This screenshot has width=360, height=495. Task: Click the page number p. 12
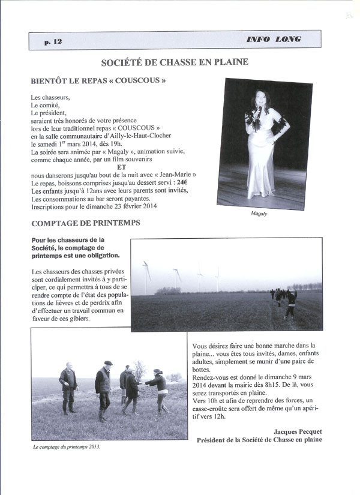[x=53, y=41]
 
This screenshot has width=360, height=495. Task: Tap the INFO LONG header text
[x=273, y=40]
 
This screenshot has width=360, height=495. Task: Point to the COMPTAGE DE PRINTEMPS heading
[x=85, y=223]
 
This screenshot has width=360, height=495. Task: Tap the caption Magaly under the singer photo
[x=259, y=214]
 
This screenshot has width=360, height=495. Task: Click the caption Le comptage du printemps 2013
[x=66, y=447]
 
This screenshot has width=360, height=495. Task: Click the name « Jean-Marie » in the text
[x=177, y=175]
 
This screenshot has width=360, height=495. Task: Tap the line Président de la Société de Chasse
[x=259, y=439]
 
